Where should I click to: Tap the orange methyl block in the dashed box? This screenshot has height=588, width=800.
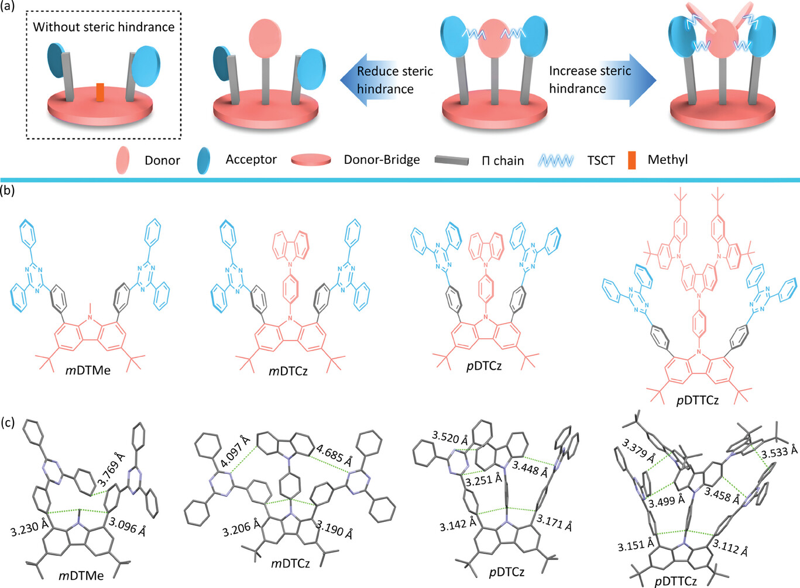tap(100, 93)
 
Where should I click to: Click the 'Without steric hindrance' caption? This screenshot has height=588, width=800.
tap(104, 27)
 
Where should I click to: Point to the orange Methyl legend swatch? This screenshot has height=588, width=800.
tap(632, 160)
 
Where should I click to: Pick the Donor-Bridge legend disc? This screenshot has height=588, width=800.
tap(311, 160)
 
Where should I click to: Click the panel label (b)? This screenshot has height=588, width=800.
tap(9, 190)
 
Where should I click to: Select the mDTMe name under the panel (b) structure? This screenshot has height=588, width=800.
tap(88, 370)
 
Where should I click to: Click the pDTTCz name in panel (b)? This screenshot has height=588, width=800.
tap(697, 401)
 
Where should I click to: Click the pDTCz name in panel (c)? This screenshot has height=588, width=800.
tap(506, 572)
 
